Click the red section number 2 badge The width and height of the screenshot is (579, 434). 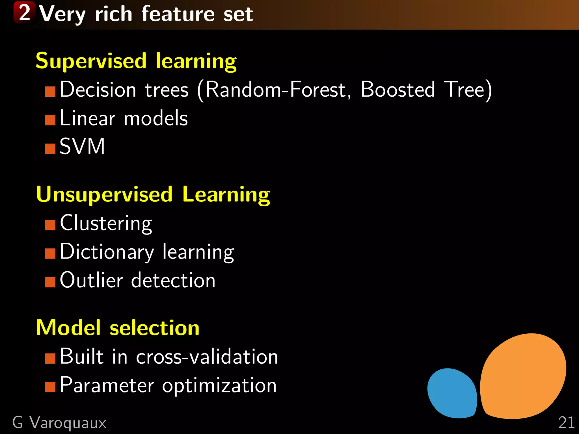[x=24, y=12]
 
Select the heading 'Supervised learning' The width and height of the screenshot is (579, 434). [x=136, y=61]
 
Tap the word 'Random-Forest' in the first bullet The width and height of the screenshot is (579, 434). [x=276, y=90]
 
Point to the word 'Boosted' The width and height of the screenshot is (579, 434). [x=397, y=90]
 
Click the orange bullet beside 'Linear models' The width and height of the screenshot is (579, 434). [x=50, y=120]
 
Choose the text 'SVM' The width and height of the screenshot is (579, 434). [x=82, y=146]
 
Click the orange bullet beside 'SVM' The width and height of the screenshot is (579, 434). [x=50, y=149]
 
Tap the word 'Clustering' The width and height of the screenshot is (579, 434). [x=106, y=223]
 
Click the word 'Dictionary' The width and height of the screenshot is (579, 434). [x=107, y=252]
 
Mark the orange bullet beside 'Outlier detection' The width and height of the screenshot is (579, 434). [x=50, y=282]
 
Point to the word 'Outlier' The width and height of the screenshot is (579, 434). [x=91, y=280]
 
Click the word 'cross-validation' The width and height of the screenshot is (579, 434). [x=207, y=357]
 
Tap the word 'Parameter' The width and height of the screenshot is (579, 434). [x=107, y=385]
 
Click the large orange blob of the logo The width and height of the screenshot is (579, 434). [x=523, y=376]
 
